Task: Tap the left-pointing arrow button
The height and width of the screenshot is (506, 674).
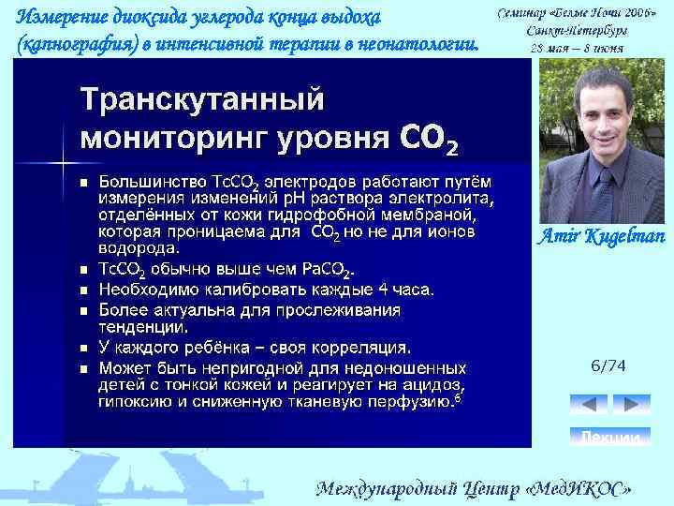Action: tap(589, 405)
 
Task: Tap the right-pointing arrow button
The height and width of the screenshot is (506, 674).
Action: tap(632, 405)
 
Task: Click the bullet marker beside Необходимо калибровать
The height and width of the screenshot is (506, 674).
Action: tap(82, 290)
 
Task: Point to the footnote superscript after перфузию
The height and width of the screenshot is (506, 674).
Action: tap(456, 399)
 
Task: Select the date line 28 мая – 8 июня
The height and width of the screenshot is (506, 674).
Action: tap(576, 47)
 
